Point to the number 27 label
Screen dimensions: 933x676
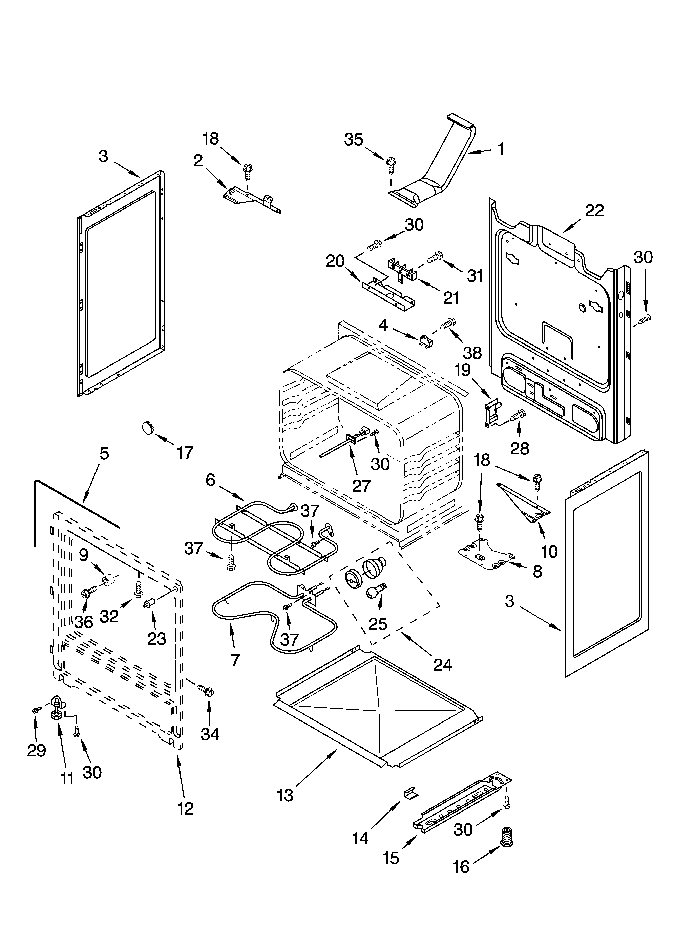point(361,486)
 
